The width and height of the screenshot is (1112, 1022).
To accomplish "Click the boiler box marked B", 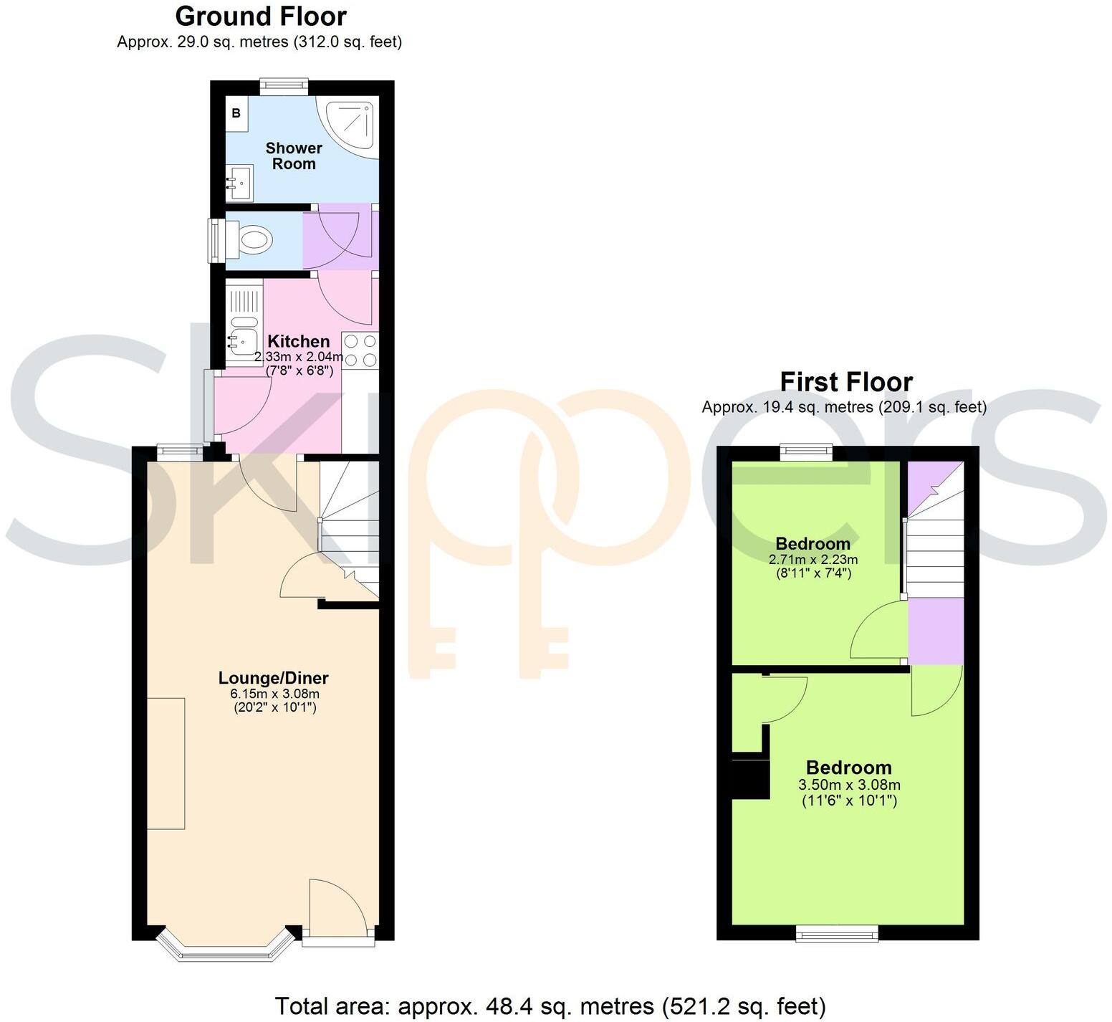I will (x=236, y=113).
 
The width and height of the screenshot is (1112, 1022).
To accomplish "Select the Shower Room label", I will (x=294, y=156).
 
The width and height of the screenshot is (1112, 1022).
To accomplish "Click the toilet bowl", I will (x=254, y=239).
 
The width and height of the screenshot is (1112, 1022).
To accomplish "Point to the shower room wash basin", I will (x=239, y=183).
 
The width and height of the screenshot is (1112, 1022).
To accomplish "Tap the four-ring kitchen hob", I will (x=360, y=350).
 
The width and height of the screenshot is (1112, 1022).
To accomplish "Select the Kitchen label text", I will (x=298, y=341).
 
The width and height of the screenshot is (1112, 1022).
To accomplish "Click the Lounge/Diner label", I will (x=273, y=677).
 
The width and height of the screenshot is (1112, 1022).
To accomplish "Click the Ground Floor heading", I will (x=261, y=16).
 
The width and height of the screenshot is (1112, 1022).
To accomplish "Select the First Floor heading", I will (x=845, y=382).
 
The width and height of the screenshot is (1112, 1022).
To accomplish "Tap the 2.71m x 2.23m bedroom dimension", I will (x=813, y=559).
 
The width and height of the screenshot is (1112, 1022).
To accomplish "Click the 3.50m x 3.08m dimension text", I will (x=849, y=785).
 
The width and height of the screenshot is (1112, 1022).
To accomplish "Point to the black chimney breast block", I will (x=750, y=778).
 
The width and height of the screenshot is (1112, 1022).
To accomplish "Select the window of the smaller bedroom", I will (x=806, y=452).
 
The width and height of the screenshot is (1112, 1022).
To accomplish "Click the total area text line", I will (x=550, y=1006).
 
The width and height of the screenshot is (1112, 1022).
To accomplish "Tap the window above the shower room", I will (x=284, y=87).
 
